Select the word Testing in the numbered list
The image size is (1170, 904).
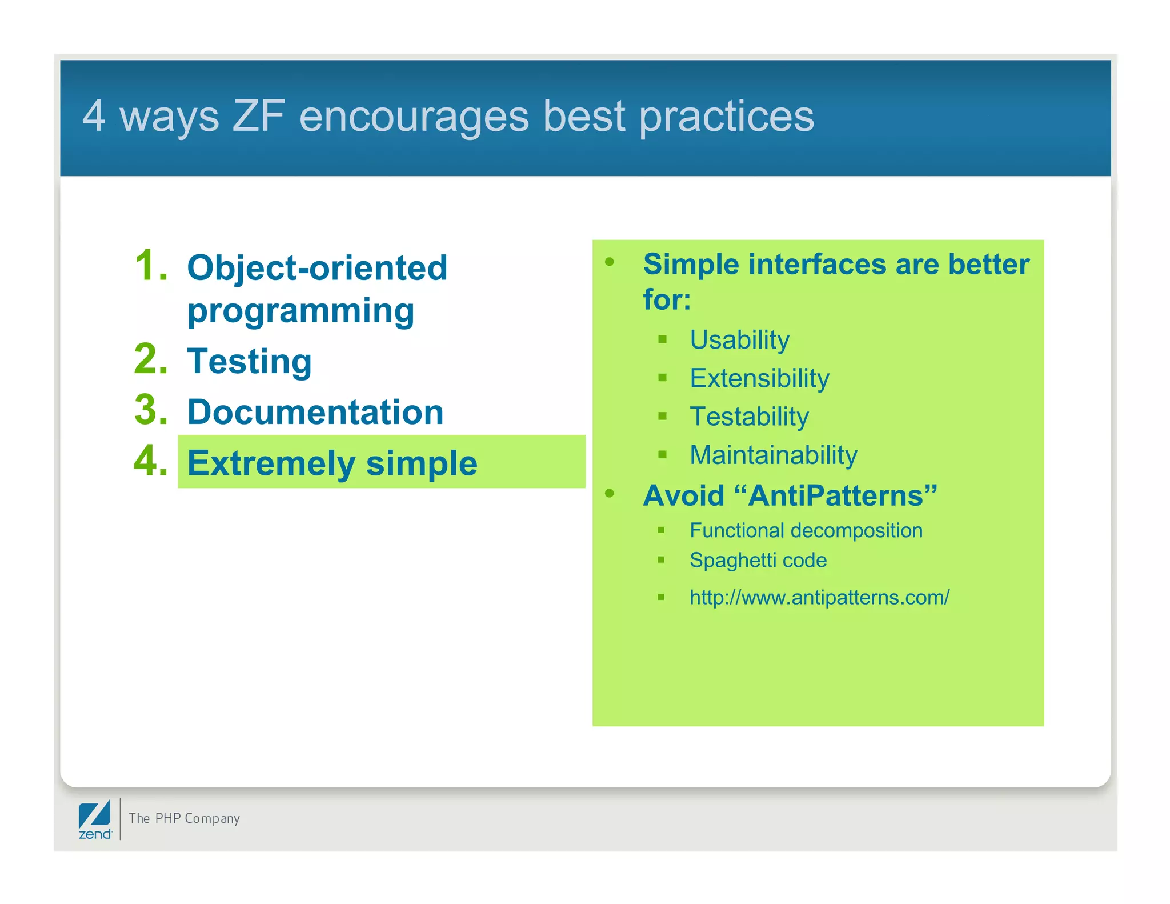[249, 361]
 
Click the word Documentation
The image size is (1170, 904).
[315, 412]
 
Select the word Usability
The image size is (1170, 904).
[739, 340]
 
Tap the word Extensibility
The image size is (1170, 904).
[759, 378]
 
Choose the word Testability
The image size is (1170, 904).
[749, 417]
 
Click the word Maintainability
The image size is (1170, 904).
[773, 455]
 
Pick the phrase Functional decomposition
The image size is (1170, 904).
[806, 530]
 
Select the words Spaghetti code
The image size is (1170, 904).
[758, 560]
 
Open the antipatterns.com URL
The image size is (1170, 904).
[819, 597]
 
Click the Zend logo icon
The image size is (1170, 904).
[95, 819]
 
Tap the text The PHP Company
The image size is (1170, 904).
[184, 818]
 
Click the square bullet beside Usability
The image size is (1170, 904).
[663, 339]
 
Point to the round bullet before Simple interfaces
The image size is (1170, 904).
[610, 262]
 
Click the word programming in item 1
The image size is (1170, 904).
[300, 311]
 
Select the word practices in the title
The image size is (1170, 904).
[726, 116]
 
